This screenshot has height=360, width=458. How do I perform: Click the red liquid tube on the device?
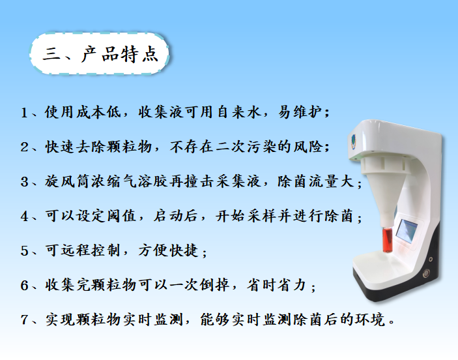(x=388, y=240)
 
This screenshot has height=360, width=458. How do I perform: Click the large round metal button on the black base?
(x=426, y=273)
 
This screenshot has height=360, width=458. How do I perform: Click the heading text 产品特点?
(x=120, y=54)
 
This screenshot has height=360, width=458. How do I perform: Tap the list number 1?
(x=24, y=113)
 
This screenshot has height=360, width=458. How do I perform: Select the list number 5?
(x=24, y=251)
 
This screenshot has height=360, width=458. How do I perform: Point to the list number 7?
(x=24, y=320)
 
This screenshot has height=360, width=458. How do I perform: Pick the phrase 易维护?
(x=300, y=112)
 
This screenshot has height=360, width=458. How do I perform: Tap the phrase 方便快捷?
(x=169, y=250)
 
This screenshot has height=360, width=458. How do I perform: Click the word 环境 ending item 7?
(x=370, y=320)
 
